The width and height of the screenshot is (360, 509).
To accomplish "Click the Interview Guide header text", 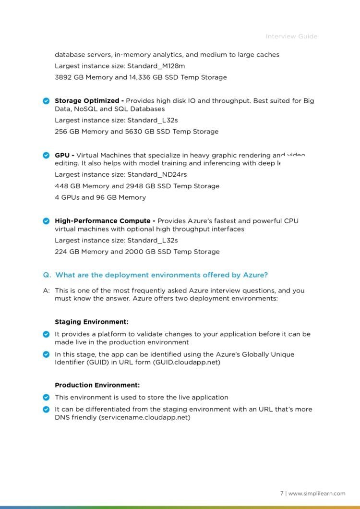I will point(291,36).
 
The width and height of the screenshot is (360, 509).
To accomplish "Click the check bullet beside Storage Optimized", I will point(46,101).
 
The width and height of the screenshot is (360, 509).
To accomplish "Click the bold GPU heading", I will point(62,155).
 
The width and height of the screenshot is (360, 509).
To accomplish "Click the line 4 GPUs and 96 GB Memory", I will point(100,197).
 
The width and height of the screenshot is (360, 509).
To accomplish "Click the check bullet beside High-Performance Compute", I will point(46,221).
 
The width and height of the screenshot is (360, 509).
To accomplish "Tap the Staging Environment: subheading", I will point(91,322).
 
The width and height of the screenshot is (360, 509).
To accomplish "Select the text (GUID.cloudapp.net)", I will point(187,363).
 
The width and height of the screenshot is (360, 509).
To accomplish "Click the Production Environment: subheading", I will point(97,385).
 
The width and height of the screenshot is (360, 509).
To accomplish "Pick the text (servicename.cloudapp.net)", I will point(144,418).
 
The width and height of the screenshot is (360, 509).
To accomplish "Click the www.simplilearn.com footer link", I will point(316,493).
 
